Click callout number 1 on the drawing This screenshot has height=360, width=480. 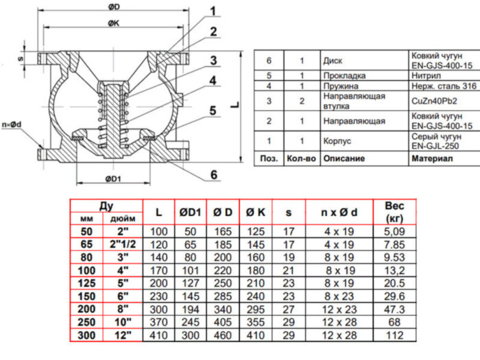coord(213,10)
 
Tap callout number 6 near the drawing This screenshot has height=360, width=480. coord(213,175)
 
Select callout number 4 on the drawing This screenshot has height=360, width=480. coord(213,81)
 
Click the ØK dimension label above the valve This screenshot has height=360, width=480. coord(115,23)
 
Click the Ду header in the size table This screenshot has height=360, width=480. coord(106,205)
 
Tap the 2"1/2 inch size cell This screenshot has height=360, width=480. coord(123,244)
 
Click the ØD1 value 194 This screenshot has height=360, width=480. coord(191,310)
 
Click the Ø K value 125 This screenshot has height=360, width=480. coord(256,231)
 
